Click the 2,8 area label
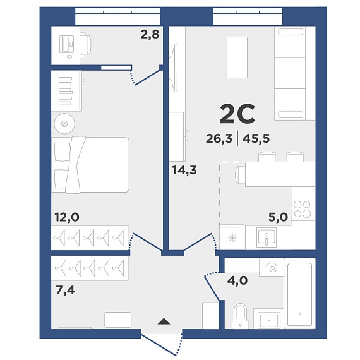(x=150, y=35)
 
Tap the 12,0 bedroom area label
(x=67, y=217)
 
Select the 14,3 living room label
(x=184, y=171)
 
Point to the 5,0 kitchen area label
(x=278, y=217)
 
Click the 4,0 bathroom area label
(x=237, y=280)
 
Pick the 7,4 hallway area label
(x=65, y=291)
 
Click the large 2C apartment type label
(x=237, y=114)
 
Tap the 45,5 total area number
(x=256, y=139)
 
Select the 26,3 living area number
(x=219, y=139)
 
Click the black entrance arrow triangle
(x=164, y=321)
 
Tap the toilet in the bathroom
(x=241, y=316)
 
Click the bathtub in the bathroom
(x=299, y=294)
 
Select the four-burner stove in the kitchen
(x=303, y=209)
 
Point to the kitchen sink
(x=267, y=237)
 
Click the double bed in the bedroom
(x=90, y=165)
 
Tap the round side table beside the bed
(x=64, y=124)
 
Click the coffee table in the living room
(x=237, y=57)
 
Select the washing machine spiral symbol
(x=272, y=268)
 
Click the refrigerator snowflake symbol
(x=232, y=238)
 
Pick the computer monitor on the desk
(x=66, y=44)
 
